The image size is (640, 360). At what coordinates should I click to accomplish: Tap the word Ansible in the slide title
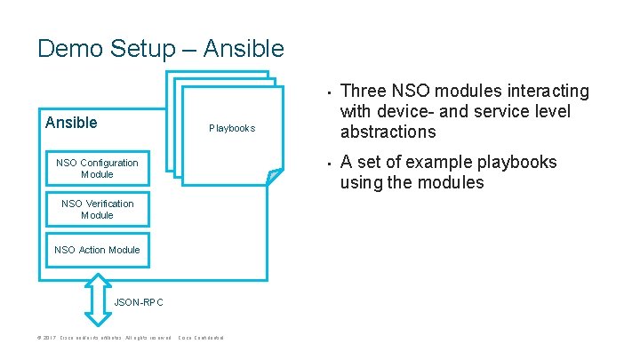(x=244, y=48)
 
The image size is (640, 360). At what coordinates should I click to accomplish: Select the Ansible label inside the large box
(x=71, y=123)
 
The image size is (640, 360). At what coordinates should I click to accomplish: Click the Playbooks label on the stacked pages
(x=232, y=128)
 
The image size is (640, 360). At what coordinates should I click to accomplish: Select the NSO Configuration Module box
(x=97, y=168)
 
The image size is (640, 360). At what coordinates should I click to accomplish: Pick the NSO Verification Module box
(x=97, y=209)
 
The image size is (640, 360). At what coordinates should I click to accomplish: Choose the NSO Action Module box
(x=97, y=250)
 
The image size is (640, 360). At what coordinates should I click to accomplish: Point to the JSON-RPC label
(x=140, y=303)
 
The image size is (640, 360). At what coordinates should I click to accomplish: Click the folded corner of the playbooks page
(x=276, y=176)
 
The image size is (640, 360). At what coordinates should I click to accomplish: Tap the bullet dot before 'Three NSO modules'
(x=327, y=92)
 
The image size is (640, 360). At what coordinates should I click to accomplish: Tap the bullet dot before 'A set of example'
(x=327, y=163)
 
